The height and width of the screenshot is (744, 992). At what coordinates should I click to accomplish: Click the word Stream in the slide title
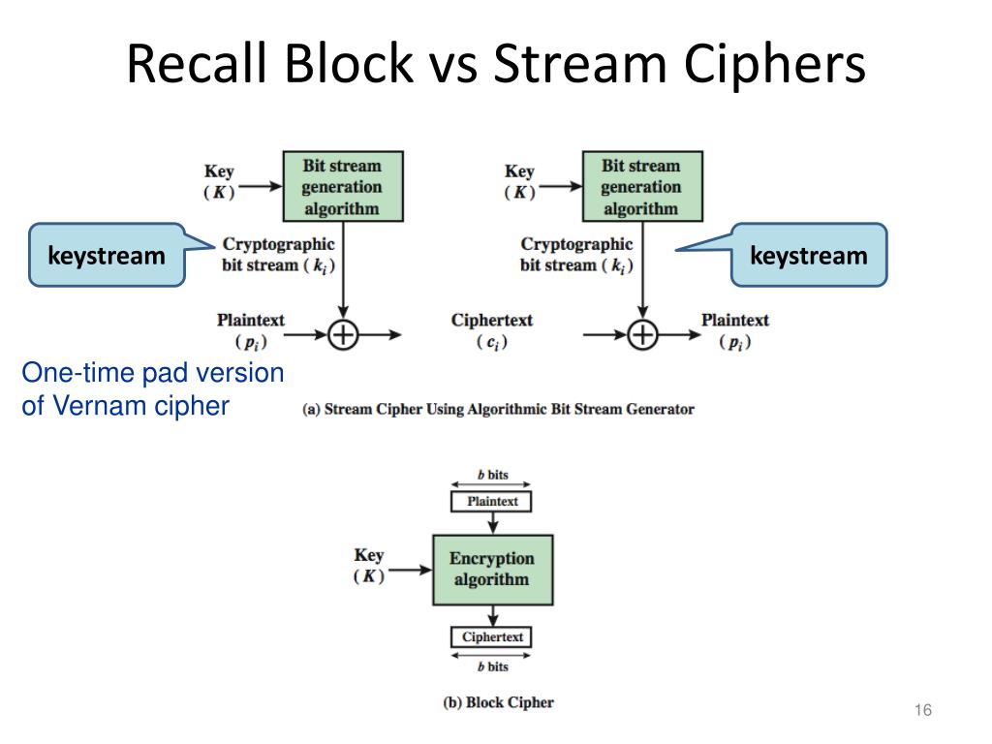click(x=580, y=63)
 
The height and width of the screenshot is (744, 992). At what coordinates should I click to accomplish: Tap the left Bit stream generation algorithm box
click(x=343, y=187)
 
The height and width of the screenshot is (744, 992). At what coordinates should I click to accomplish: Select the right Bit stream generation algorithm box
click(x=642, y=187)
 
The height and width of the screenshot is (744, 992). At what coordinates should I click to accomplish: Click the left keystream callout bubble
click(x=108, y=255)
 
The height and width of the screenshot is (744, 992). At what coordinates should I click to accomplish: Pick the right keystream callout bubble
click(x=809, y=255)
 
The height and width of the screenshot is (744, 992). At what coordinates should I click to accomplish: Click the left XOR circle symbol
click(x=343, y=334)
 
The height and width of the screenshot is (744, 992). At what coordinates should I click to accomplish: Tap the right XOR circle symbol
click(x=643, y=334)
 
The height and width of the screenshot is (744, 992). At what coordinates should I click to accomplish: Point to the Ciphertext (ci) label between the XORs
click(x=491, y=331)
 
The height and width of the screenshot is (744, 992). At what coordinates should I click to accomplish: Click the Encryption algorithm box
click(x=493, y=570)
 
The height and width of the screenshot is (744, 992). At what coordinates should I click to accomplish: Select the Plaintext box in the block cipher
click(x=491, y=502)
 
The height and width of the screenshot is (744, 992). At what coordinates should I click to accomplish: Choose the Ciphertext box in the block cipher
click(x=491, y=637)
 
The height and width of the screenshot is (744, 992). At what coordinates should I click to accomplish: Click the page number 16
click(x=923, y=710)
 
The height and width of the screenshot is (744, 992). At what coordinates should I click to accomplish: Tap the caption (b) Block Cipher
click(x=499, y=703)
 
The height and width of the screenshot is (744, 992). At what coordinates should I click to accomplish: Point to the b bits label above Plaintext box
click(x=493, y=475)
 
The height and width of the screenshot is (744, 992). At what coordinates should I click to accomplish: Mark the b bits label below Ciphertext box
click(x=493, y=666)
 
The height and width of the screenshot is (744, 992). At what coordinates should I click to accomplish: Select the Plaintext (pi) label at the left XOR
click(x=251, y=331)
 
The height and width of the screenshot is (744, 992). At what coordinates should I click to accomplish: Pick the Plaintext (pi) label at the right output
click(x=735, y=331)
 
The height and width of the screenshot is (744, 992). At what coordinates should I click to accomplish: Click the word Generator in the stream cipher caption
click(x=660, y=410)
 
